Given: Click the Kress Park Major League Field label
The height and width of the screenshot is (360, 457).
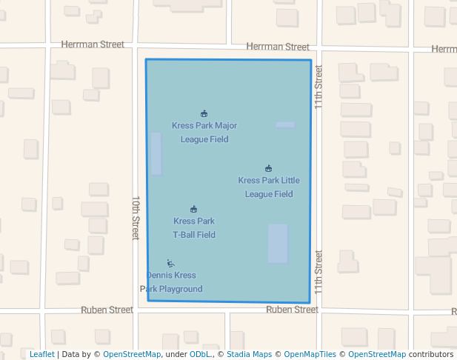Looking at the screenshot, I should tap(204, 133).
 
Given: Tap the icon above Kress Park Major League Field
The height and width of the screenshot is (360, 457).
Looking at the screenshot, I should tap(204, 113).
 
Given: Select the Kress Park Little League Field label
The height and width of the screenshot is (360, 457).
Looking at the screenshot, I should tap(269, 187).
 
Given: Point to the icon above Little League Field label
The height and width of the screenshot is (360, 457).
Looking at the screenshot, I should tap(269, 168).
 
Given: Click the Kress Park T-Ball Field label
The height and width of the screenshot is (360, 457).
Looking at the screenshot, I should tap(194, 228).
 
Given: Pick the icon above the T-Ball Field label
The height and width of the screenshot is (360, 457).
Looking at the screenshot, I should tap(194, 209).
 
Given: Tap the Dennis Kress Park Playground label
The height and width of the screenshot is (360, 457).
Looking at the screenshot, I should tap(171, 282).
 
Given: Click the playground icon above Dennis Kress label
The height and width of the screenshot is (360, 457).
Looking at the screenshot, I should tap(170, 263).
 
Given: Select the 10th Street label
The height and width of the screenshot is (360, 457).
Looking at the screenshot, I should tap(136, 218).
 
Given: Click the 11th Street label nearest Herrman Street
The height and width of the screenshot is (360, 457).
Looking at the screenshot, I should tap(318, 87).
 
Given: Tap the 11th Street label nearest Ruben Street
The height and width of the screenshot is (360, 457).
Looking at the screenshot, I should tap(318, 271).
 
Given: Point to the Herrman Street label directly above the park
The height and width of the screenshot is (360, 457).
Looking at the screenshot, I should tap(278, 47).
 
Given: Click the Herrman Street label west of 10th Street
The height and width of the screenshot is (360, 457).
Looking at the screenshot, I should tap(93, 44).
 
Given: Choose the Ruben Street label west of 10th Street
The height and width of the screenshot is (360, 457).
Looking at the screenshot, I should tap(107, 310).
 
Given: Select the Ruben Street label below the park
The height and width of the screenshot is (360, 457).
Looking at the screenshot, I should tap(292, 310).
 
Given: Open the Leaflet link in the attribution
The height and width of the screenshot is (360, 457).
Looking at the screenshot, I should tap(41, 354).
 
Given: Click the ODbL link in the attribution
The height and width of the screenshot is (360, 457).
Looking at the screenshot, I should tap(200, 354).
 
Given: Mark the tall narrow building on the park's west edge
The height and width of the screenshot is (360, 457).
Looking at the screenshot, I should tap(156, 153).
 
